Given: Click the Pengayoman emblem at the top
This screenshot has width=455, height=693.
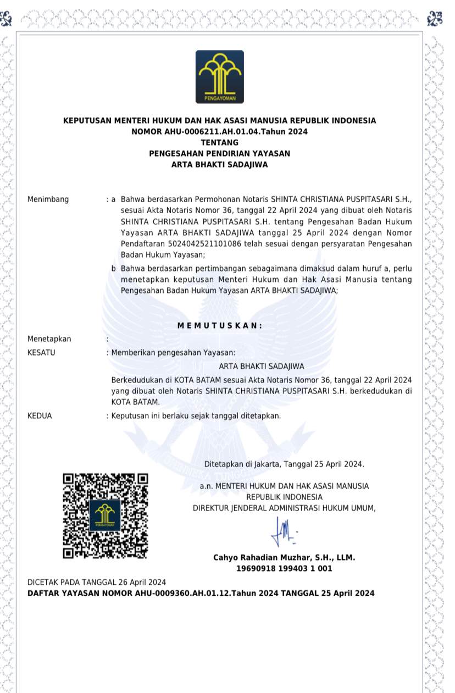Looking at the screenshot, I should tap(219, 77).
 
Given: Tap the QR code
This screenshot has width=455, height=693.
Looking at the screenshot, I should tap(105, 516).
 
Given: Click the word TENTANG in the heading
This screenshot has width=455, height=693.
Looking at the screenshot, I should tap(219, 142).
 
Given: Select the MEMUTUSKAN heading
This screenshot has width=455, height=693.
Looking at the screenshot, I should tap(220, 325).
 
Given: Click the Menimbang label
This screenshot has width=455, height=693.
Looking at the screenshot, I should tap(48, 199).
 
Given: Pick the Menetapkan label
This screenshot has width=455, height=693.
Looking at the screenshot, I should tap(49, 339).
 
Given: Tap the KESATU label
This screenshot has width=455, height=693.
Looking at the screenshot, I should tap(41, 352).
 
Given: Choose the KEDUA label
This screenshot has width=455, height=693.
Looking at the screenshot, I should tap(40, 416).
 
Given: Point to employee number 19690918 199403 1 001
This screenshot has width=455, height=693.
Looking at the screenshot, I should tap(284, 569).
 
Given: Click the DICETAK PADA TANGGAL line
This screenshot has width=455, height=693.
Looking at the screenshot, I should tap(97, 582).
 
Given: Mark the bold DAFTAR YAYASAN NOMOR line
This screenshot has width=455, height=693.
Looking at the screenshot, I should tap(201, 593).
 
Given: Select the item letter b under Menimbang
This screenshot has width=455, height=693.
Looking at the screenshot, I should tap(114, 269).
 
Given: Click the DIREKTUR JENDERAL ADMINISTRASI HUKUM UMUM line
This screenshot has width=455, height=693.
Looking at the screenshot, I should tap(284, 508).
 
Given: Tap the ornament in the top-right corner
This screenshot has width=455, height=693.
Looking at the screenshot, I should tap(435, 18).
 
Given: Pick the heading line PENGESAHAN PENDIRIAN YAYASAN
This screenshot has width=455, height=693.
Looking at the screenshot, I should tap(219, 153).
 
